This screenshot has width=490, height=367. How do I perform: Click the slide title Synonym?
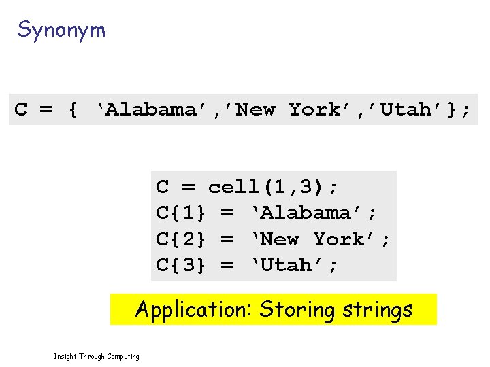pyautogui.click(x=61, y=30)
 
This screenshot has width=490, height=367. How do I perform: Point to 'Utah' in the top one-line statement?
pyautogui.click(x=406, y=109)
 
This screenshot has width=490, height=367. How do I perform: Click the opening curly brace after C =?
pyautogui.click(x=73, y=109)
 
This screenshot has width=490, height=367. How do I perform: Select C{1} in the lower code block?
pyautogui.click(x=181, y=213)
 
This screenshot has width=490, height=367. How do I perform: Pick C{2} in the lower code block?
pyautogui.click(x=181, y=239)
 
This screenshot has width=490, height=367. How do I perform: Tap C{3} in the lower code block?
pyautogui.click(x=181, y=265)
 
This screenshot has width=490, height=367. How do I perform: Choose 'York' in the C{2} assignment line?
pyautogui.click(x=339, y=239)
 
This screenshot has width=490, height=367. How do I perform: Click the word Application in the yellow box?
pyautogui.click(x=193, y=310)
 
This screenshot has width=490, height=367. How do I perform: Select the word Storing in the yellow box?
pyautogui.click(x=297, y=310)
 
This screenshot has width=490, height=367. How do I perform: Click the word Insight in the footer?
pyautogui.click(x=65, y=356)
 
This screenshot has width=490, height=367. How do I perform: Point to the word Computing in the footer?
pyautogui.click(x=123, y=356)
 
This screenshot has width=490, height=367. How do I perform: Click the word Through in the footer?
pyautogui.click(x=92, y=356)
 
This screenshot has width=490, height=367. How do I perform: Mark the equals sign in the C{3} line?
pyautogui.click(x=227, y=265)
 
